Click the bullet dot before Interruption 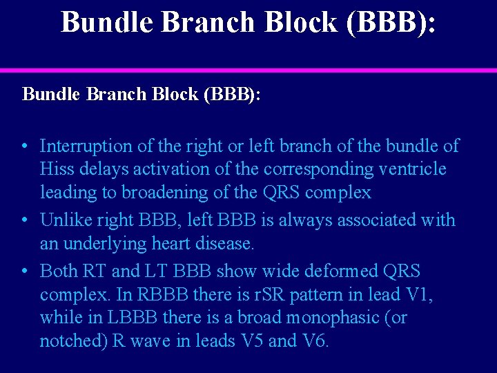tap(24, 146)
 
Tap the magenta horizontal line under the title tap(248, 70)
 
